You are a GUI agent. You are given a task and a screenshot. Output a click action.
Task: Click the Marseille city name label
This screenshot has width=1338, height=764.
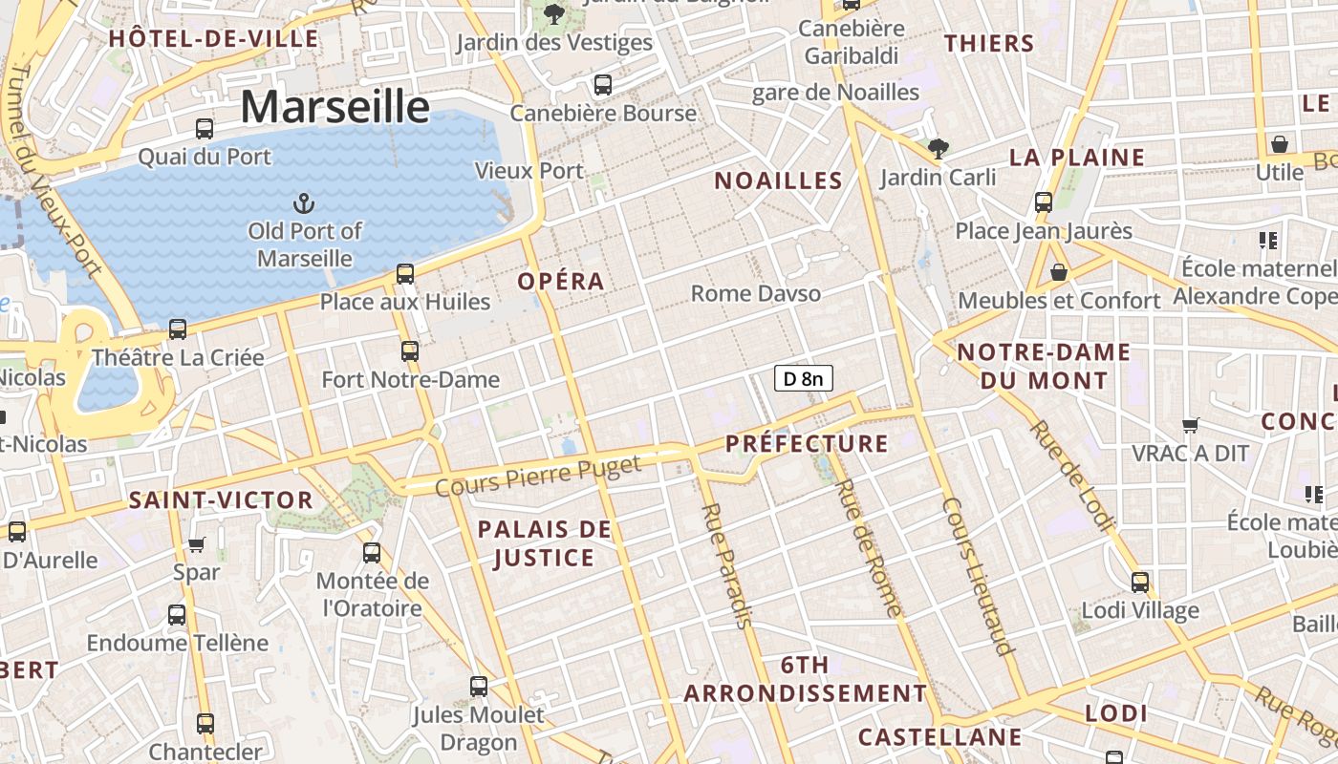[x=334, y=106]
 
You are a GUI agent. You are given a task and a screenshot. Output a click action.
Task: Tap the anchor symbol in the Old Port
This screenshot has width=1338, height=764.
[x=303, y=202]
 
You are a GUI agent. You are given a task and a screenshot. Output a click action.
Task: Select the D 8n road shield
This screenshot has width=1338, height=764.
[x=803, y=379]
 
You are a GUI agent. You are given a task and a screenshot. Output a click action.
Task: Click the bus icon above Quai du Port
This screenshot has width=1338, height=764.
[x=205, y=129]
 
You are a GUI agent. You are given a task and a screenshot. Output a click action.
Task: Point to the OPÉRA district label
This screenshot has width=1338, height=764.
[x=561, y=281]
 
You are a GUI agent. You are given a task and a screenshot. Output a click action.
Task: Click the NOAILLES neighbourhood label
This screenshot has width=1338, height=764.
[x=779, y=180]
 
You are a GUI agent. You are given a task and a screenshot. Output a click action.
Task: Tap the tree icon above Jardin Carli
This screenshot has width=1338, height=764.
[x=938, y=148]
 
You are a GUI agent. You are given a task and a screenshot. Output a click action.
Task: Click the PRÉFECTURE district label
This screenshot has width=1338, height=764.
[x=807, y=443]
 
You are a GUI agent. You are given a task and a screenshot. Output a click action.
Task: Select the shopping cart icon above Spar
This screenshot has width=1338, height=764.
[x=197, y=544]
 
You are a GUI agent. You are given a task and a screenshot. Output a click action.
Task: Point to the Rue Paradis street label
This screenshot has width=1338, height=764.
[x=727, y=564]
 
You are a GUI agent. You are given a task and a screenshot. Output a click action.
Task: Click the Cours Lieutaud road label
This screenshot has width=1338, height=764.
[x=977, y=576]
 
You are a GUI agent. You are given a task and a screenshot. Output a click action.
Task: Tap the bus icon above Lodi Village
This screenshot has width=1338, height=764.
[x=1140, y=582]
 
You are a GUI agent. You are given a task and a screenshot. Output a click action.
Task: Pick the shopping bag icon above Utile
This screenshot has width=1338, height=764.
[x=1280, y=144]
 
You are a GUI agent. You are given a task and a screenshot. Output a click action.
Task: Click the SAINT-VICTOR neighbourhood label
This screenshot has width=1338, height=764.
[x=221, y=499]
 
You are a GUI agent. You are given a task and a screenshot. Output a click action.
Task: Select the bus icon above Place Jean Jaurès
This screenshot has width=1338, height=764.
[x=1044, y=202]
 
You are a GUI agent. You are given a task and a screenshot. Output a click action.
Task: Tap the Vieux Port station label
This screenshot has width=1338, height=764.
[x=529, y=171]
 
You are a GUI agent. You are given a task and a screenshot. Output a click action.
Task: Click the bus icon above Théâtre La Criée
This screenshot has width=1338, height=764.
[x=178, y=329]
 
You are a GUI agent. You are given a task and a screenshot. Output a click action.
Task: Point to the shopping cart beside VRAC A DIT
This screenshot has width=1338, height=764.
[x=1191, y=425]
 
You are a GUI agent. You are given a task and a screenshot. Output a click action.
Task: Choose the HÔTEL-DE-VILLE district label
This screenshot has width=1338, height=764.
[x=213, y=39]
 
